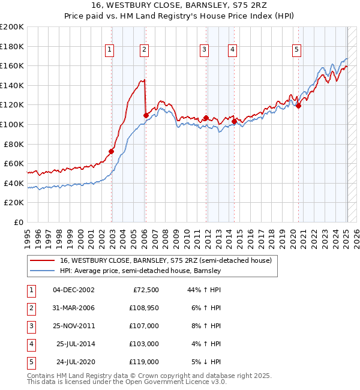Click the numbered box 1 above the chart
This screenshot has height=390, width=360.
click(110, 50)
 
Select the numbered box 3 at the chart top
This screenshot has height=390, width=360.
click(205, 50)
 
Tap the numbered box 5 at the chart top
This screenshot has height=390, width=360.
click(297, 50)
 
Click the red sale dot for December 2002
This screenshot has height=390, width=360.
click(112, 151)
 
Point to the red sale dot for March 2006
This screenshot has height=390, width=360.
click(146, 115)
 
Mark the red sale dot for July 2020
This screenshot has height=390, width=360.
click(298, 106)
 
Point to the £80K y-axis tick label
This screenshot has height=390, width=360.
click(14, 144)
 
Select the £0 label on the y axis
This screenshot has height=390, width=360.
click(19, 222)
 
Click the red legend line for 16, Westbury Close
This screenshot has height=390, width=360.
click(41, 261)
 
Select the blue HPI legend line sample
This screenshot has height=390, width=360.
click(41, 271)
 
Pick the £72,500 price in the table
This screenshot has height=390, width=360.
click(146, 290)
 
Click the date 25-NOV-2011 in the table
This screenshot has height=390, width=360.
click(74, 326)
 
